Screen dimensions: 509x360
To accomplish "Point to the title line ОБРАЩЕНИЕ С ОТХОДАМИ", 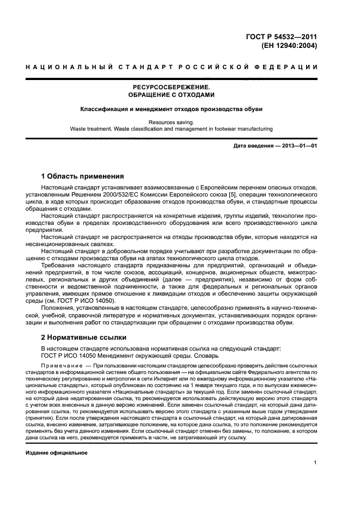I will (172, 95).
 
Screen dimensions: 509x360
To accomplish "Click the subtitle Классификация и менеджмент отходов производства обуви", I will (172, 109).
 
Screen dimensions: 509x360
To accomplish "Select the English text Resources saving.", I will (172, 122).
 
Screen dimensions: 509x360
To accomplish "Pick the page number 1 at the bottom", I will (315, 463).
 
